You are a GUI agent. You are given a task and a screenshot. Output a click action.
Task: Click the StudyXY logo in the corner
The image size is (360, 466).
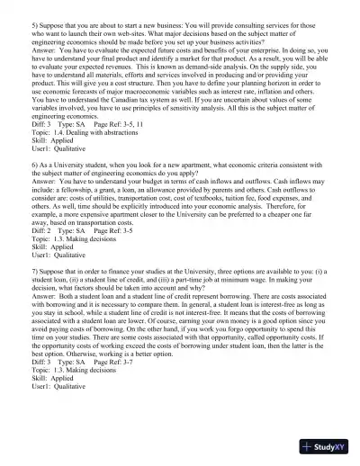point(328,447)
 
